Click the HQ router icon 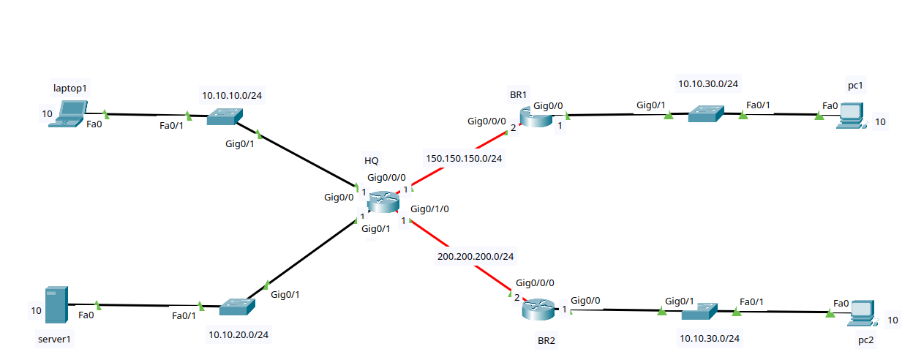[x=381, y=201]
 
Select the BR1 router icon [x=538, y=116]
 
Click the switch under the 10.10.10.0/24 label [x=225, y=116]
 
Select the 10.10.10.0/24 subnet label [x=232, y=95]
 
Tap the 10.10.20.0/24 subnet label [x=238, y=335]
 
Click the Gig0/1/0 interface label [x=429, y=209]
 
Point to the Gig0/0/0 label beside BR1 [x=486, y=121]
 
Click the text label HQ [x=372, y=160]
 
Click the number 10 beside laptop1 [x=47, y=113]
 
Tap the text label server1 [x=56, y=340]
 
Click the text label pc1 [x=856, y=86]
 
